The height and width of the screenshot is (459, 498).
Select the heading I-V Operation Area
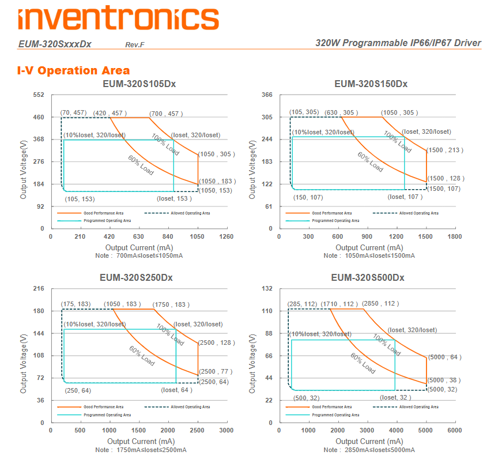74,71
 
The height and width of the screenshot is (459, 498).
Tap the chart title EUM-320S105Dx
139,84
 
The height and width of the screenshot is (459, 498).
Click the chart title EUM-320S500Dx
367,277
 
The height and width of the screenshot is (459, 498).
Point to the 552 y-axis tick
39,95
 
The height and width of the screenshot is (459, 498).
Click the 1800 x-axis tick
455,236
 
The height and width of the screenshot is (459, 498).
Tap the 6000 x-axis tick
455,430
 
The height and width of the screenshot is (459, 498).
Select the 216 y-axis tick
39,288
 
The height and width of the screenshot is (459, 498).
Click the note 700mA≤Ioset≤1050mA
141,255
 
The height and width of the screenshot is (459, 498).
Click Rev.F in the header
135,44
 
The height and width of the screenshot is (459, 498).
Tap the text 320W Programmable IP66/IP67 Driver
398,43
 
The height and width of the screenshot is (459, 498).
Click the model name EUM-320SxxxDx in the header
55,44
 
